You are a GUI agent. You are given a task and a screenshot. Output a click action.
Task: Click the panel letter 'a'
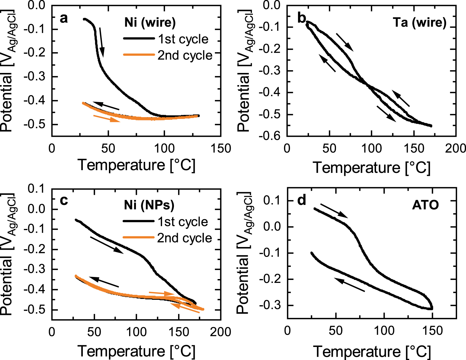tap(64, 18)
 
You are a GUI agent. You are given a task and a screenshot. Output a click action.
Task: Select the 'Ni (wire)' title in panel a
tap(150, 22)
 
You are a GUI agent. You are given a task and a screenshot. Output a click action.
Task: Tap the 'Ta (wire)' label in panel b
tap(419, 22)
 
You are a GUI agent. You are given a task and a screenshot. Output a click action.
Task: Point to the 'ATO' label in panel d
tap(425, 205)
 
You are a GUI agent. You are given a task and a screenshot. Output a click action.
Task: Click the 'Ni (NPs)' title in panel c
tap(149, 205)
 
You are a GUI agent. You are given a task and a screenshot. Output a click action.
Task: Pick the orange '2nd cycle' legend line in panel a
tap(139, 55)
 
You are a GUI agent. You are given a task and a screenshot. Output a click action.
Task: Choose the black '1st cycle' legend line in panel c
tap(138, 221)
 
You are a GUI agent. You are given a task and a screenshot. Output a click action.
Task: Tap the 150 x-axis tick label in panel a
tap(221, 148)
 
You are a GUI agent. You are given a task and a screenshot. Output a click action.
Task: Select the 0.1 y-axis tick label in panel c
tap(36, 189)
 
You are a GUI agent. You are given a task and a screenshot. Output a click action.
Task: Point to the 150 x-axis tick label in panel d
tap(432, 330)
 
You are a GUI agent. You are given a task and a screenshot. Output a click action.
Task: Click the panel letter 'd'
tap(302, 201)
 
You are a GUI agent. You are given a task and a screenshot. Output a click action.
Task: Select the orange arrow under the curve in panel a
tap(107, 118)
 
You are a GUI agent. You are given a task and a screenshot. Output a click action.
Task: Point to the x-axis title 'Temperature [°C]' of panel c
tap(137, 351)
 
